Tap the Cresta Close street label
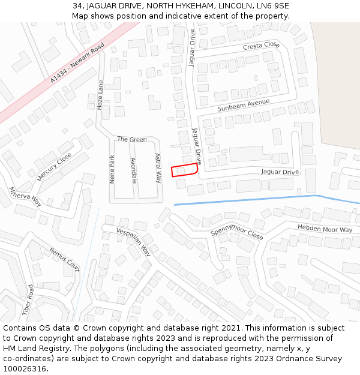coord(261,46)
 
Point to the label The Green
coord(131,139)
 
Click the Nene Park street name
coord(112,169)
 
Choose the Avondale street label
coord(134,170)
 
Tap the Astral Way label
coord(158,168)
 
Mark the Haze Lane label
coord(100,95)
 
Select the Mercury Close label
coord(54,167)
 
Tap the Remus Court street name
coord(64,259)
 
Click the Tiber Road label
coord(28,300)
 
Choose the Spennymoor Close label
coord(236,232)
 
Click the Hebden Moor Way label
coord(325,229)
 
